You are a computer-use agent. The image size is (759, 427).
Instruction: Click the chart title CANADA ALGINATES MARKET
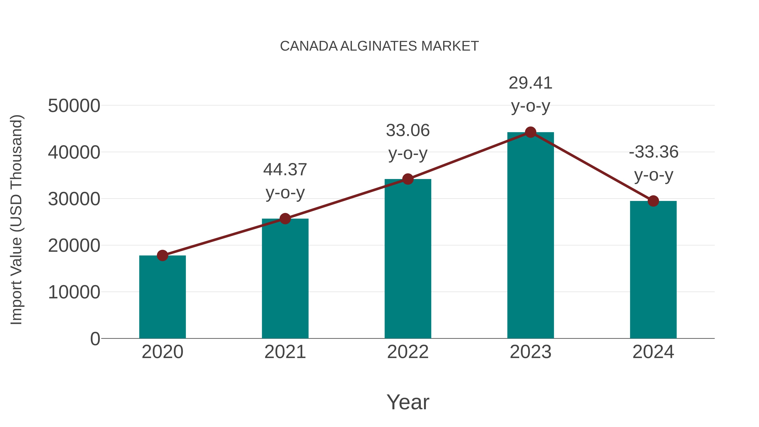(379, 46)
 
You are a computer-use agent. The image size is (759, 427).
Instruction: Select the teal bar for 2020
(162, 298)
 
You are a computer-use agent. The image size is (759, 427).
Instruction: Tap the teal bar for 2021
(285, 280)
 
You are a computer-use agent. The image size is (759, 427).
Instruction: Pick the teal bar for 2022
(408, 259)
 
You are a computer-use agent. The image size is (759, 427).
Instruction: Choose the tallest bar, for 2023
(530, 236)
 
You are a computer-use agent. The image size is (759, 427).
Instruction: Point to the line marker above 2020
(162, 256)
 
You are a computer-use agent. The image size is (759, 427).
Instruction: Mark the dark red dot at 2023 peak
(530, 132)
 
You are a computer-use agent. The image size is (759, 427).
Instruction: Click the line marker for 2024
(653, 201)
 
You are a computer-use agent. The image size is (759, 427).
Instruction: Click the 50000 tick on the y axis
(74, 106)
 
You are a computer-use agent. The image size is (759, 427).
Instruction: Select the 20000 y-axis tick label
(74, 245)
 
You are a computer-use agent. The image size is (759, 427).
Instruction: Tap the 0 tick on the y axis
(95, 339)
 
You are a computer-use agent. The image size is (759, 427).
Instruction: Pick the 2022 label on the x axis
(408, 352)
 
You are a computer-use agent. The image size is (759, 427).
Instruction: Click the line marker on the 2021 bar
(285, 219)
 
